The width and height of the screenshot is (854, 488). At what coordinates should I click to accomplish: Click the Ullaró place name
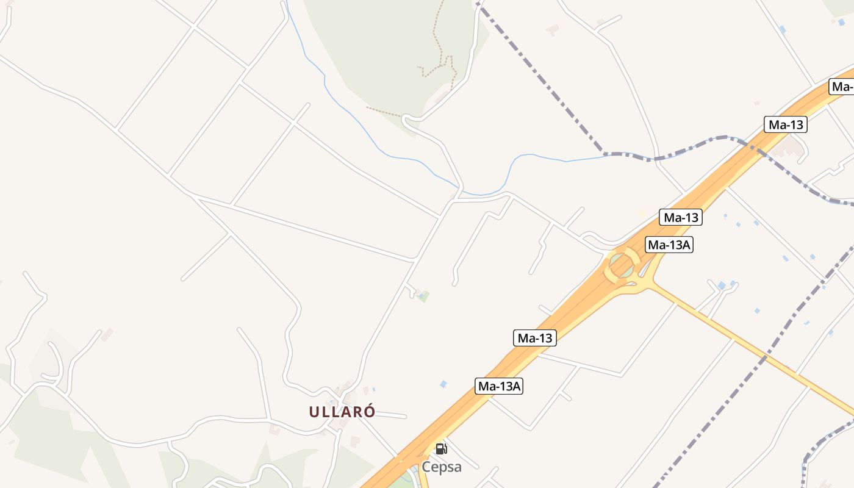342,412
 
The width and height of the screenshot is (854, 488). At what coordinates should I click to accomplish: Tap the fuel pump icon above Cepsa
441,449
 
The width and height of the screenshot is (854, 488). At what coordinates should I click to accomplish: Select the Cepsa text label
441,467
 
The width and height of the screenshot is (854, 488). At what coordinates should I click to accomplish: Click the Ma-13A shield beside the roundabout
669,245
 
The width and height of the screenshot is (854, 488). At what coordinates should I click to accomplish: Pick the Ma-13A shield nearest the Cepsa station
499,386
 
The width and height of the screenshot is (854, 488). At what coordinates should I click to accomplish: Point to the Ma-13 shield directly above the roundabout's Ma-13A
680,217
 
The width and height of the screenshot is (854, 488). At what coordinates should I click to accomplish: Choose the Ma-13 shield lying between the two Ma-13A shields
534,338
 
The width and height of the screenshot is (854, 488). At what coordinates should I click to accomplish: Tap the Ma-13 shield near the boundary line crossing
785,125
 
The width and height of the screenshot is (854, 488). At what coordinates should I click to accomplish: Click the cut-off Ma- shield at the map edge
842,87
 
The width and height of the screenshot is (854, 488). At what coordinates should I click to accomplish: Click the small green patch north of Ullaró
423,296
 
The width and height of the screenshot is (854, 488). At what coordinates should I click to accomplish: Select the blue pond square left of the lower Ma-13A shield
443,384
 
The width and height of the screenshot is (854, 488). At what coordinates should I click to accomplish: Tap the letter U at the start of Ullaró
314,412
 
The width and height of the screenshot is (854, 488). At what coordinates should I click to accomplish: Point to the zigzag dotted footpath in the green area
440,61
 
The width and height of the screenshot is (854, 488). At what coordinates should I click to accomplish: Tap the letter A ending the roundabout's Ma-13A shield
687,245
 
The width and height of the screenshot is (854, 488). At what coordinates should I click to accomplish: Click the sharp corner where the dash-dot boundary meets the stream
604,152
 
